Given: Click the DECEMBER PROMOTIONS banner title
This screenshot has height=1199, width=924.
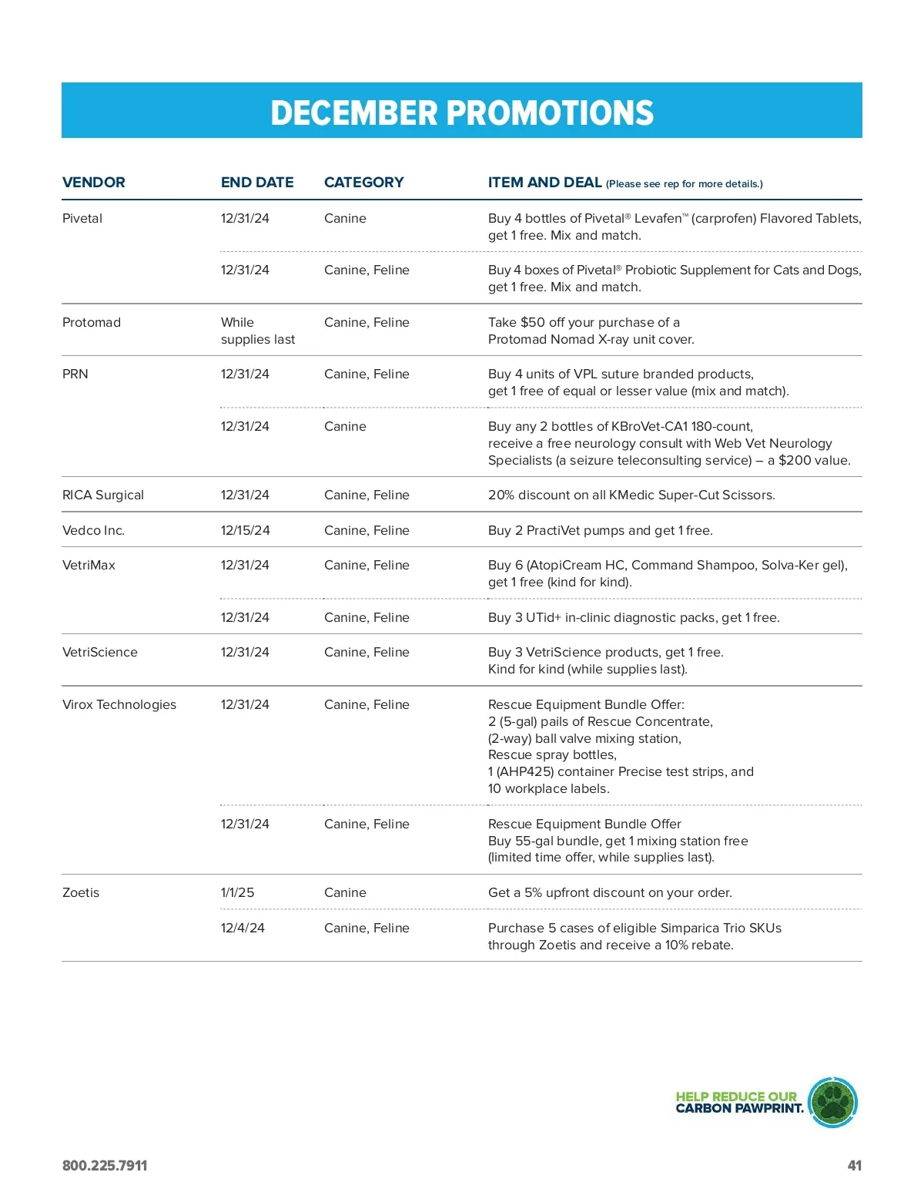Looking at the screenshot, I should coord(462,113).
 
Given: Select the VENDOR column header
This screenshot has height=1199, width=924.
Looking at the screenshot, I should coord(93,183).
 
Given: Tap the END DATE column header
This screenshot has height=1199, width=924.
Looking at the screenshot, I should coord(257,183).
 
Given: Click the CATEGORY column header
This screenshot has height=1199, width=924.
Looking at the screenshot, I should coord(363,183).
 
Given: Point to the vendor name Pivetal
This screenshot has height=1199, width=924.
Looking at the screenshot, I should coord(82,219).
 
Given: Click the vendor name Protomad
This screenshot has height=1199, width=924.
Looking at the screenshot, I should coord(92,323).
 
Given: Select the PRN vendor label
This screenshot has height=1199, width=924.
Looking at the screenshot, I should coord(75,374).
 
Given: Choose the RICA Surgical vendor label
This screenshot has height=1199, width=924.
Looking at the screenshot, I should coord(103,495).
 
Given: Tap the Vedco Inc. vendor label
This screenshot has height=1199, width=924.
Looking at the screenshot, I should coord(93,531).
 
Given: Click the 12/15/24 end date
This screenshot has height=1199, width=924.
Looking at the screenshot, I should coord(245,531).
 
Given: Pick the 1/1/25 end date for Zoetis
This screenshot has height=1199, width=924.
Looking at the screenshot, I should coord(237,893).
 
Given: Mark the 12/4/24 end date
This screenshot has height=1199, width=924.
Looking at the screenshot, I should coord(243,929).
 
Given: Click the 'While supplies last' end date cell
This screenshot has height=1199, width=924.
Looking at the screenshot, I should coord(257,331).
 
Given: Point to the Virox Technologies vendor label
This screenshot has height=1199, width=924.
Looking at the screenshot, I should coord(119,705).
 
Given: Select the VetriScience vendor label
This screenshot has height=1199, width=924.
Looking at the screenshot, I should coord(100,653).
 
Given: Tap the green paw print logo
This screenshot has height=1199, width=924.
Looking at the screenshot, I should coord(833,1103).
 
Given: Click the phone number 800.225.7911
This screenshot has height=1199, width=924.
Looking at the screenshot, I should coord(105,1166).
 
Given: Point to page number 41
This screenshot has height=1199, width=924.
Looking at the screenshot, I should coord(854,1166).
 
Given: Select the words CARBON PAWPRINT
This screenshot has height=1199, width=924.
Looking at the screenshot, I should coord(739,1109).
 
